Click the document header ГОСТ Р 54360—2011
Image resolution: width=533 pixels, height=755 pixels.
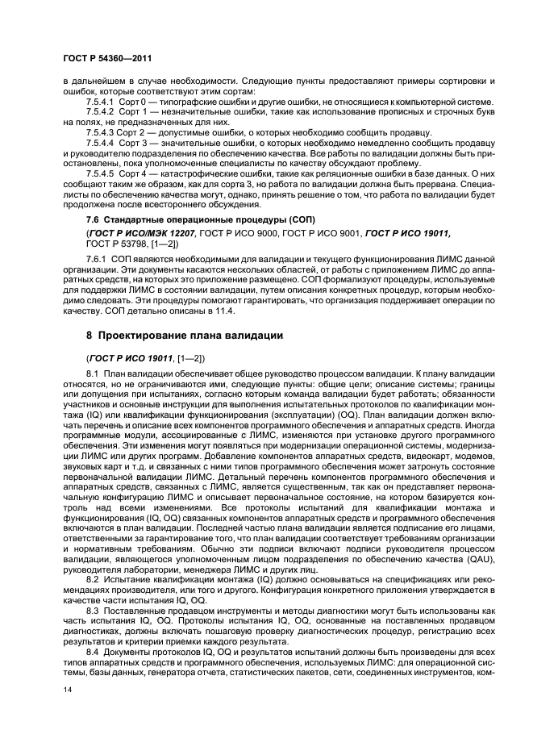pos(107,59)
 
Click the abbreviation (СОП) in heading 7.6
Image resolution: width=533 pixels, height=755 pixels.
pos(300,220)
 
